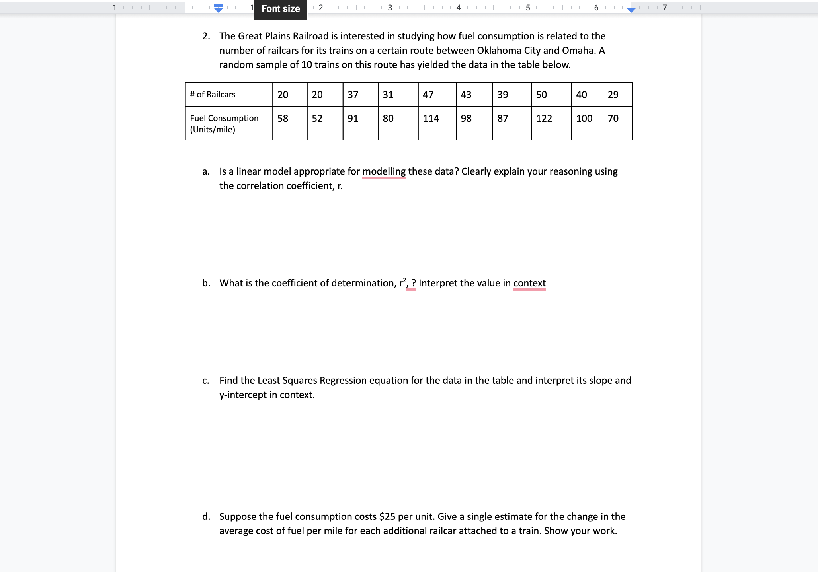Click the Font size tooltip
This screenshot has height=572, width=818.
281,9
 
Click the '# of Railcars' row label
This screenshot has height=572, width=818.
213,95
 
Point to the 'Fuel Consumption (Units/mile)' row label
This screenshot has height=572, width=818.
224,123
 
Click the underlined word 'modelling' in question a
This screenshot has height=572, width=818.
384,171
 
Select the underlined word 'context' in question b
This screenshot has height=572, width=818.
529,283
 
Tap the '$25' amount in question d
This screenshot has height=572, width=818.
387,517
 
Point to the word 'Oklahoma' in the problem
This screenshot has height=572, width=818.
499,51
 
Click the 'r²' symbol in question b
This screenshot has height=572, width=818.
402,283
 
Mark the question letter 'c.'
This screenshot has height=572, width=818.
206,381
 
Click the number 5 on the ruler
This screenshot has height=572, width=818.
528,8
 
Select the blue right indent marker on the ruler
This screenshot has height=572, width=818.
631,10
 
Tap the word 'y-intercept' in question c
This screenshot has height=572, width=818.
243,395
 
